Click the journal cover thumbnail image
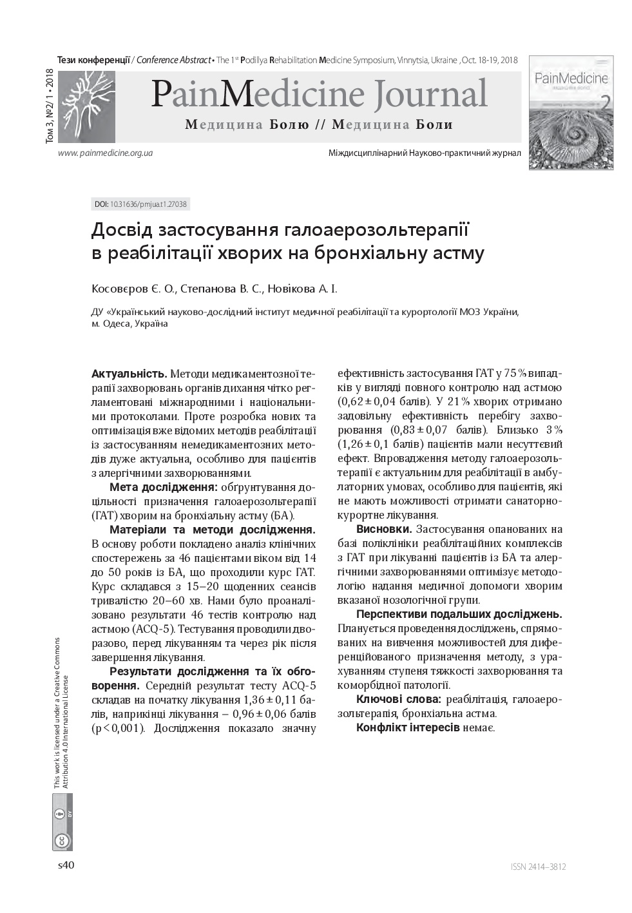[571, 113]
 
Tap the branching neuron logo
[86, 106]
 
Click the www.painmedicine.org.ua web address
[105, 153]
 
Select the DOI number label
[140, 204]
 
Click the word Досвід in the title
[120, 230]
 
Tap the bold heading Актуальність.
[129, 374]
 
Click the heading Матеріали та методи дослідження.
[212, 530]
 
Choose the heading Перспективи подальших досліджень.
[459, 614]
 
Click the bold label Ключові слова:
[398, 699]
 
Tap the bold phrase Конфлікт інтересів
[408, 727]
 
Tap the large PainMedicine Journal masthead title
[319, 94]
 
